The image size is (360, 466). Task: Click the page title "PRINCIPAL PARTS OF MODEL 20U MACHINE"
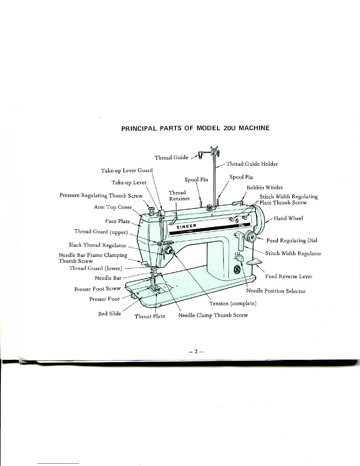195,128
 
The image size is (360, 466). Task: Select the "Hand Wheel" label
288,218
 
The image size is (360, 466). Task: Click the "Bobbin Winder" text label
265,187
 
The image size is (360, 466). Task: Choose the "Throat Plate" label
150,317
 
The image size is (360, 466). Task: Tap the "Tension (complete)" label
233,303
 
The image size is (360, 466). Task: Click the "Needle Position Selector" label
276,291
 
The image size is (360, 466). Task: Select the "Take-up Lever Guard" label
127,170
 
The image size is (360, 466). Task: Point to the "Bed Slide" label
109,314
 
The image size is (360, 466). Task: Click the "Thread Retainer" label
179,196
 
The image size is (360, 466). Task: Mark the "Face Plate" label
117,221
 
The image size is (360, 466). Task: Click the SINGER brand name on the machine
186,226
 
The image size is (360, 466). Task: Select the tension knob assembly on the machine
169,251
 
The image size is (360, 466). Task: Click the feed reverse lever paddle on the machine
254,262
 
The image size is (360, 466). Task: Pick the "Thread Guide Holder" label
252,164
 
